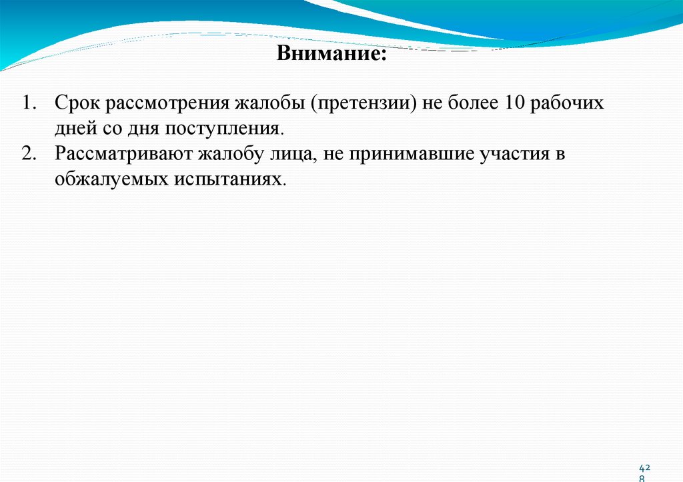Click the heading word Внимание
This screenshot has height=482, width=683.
[x=331, y=53]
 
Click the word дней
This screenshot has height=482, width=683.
[x=74, y=129]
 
